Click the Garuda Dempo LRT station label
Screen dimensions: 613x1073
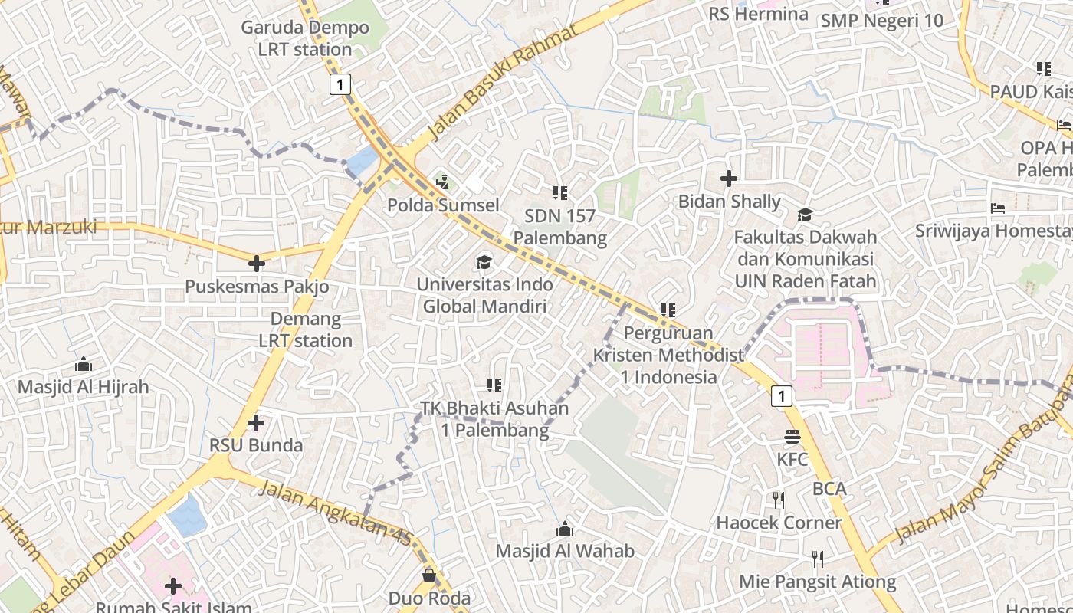[304, 38]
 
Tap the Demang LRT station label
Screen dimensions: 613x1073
[305, 329]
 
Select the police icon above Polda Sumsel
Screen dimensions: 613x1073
[442, 182]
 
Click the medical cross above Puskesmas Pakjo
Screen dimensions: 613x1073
[257, 264]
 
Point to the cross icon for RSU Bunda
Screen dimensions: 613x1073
[256, 422]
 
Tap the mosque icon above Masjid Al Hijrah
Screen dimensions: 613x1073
[83, 364]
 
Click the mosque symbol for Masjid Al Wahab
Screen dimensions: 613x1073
[565, 529]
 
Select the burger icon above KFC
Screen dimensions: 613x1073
[792, 437]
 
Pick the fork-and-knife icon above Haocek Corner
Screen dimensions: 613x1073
[779, 500]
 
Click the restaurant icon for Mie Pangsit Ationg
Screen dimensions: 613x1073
[818, 559]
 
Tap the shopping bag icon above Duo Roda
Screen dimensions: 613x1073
[429, 575]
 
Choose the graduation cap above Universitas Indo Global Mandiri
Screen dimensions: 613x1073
[484, 263]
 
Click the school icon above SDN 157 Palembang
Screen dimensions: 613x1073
[559, 193]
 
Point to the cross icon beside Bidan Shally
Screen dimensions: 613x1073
[729, 179]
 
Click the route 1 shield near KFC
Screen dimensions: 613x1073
[781, 395]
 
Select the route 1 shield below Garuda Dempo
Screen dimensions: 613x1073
[340, 84]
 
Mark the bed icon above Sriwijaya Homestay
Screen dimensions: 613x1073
[997, 208]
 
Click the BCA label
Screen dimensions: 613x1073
[829, 489]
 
